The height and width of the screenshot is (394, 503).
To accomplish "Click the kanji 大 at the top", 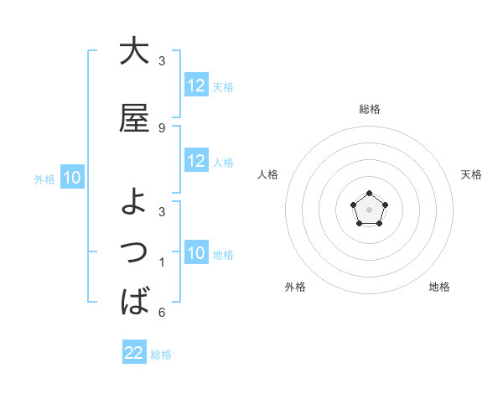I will click(x=134, y=51).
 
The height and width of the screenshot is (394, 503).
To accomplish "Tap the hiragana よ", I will click(x=134, y=201).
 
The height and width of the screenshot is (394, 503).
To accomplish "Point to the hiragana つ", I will click(x=134, y=251).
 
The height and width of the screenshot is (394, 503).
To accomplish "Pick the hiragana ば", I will click(x=134, y=300).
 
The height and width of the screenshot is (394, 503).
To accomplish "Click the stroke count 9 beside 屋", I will click(x=162, y=127).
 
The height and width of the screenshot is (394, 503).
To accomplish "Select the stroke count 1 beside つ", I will click(x=162, y=262).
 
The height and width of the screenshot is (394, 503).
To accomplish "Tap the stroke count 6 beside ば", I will click(x=162, y=313).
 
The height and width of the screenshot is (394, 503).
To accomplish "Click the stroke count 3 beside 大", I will click(x=162, y=61).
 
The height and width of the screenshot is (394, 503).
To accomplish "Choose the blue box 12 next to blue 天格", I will click(x=196, y=86).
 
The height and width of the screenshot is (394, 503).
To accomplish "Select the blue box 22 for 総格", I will click(x=134, y=353).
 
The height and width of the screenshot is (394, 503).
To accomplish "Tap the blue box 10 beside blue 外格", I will click(x=72, y=178).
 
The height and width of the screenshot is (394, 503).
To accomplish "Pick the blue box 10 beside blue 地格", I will click(x=196, y=253).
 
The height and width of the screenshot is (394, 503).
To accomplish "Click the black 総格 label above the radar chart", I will click(x=369, y=109).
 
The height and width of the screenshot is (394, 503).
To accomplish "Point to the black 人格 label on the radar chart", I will click(x=268, y=174).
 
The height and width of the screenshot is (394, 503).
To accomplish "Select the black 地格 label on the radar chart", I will click(x=439, y=287).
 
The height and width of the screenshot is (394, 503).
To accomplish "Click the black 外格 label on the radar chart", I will click(x=295, y=287).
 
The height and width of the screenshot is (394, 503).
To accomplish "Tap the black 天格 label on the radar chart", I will click(x=471, y=174).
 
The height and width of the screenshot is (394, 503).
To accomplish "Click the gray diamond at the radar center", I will click(x=369, y=209).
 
